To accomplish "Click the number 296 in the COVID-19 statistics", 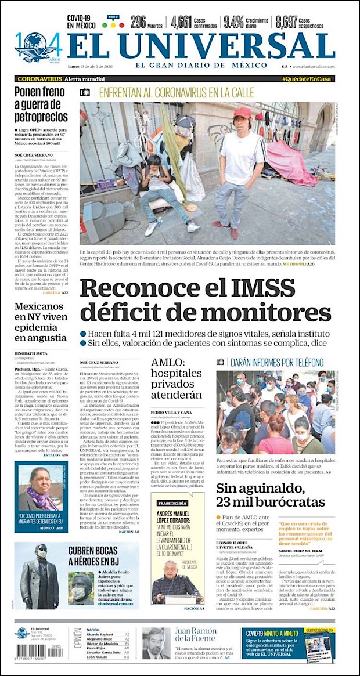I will [x=138, y=22].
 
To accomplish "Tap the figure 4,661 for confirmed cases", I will [x=181, y=22].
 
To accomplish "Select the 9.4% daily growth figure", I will [x=233, y=22].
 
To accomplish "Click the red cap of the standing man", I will [x=242, y=111].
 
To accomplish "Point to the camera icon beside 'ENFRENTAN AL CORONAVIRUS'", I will [x=85, y=92].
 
